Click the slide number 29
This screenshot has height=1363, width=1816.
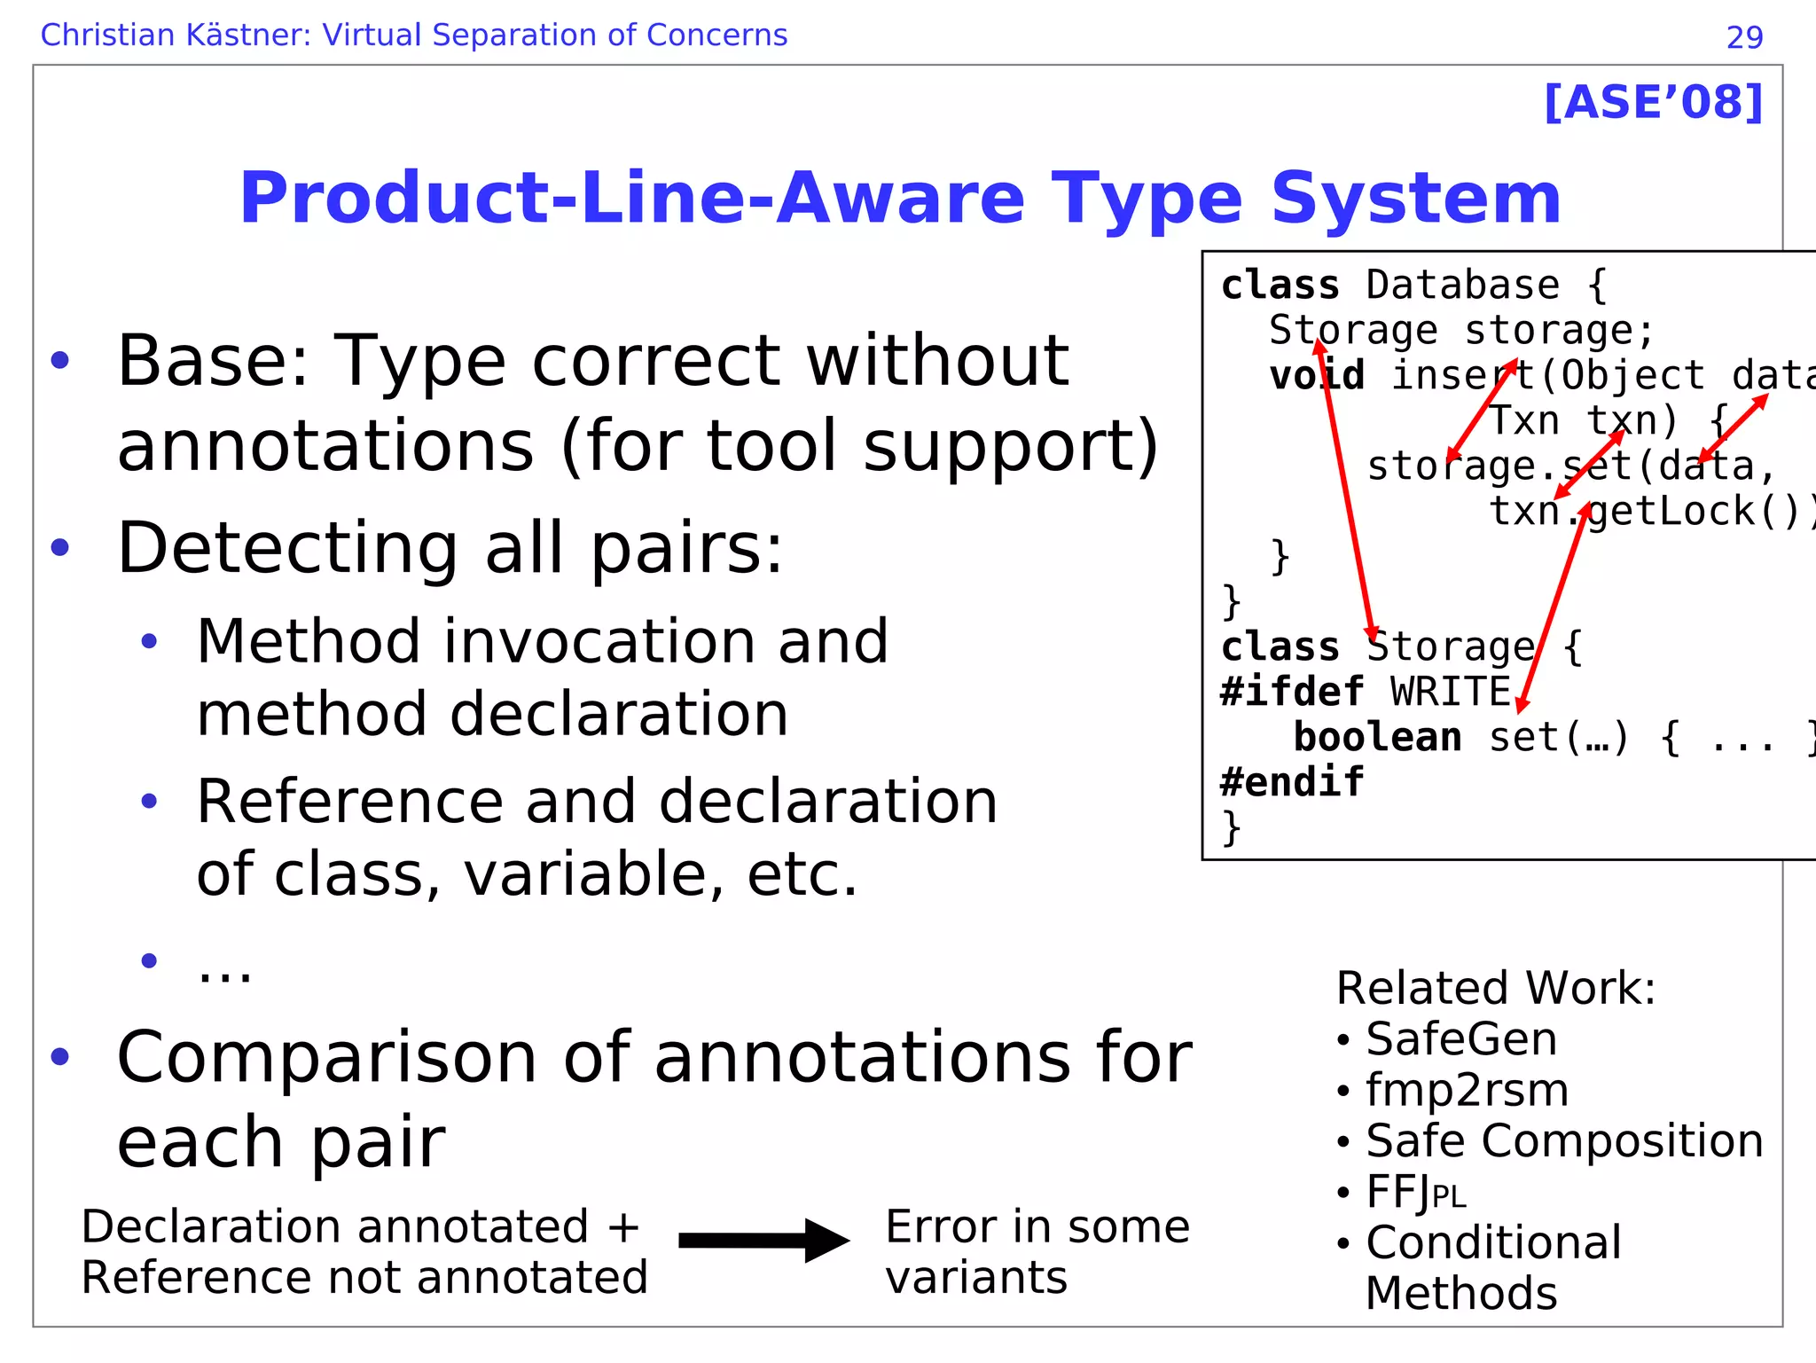1744,37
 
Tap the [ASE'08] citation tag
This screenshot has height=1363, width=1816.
1653,103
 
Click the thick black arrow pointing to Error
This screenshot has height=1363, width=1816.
763,1240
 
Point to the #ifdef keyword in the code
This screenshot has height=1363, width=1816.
1291,692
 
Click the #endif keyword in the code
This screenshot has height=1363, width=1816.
1291,782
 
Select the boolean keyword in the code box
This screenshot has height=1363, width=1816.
1377,737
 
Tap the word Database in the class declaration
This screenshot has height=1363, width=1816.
1462,286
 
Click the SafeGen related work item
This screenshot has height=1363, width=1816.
1460,1039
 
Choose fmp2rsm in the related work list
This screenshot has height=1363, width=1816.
1467,1090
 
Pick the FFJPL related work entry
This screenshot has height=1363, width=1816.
1415,1192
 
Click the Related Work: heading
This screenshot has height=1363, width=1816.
1495,988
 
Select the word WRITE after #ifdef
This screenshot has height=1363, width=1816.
1450,692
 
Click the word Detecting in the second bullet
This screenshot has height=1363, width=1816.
286,548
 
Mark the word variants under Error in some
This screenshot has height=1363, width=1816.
975,1278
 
